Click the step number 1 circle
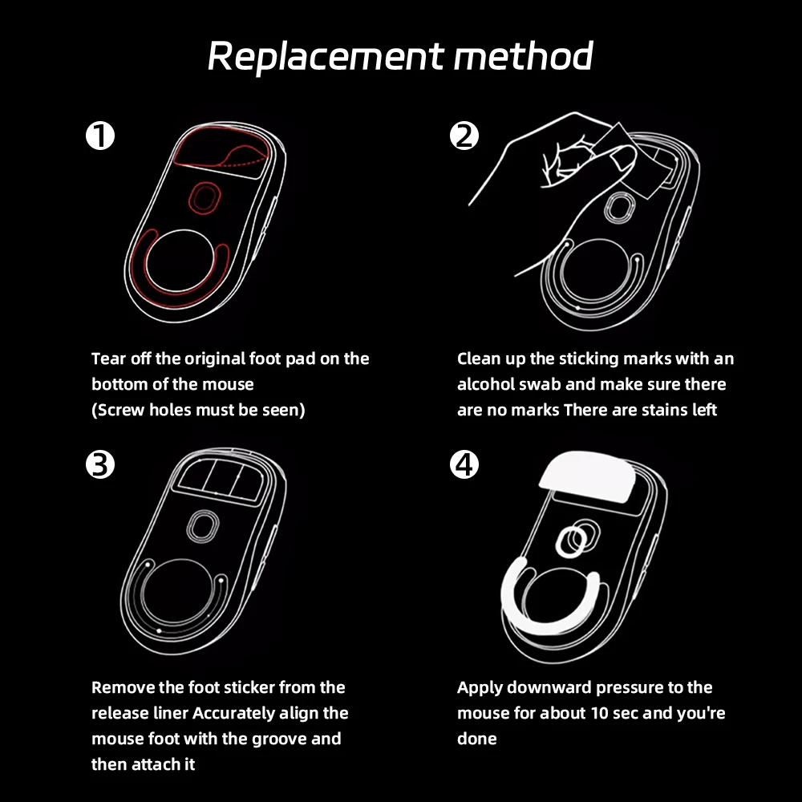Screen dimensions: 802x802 pyautogui.click(x=100, y=136)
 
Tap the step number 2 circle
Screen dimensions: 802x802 pyautogui.click(x=464, y=136)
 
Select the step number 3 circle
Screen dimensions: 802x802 pyautogui.click(x=100, y=464)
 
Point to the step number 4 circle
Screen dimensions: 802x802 pyautogui.click(x=464, y=464)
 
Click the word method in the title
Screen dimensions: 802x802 pyautogui.click(x=524, y=55)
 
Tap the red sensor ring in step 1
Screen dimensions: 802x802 pyautogui.click(x=205, y=197)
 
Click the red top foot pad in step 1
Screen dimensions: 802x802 pyautogui.click(x=221, y=151)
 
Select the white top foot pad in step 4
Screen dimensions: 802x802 pyautogui.click(x=587, y=476)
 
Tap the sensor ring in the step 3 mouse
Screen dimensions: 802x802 pyautogui.click(x=203, y=527)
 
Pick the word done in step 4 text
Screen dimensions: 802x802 pyautogui.click(x=476, y=739)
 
